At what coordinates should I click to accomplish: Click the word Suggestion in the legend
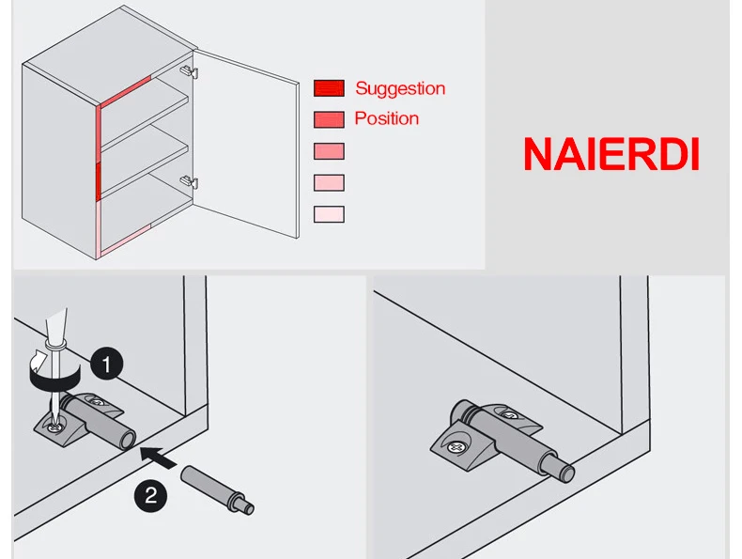click(x=399, y=88)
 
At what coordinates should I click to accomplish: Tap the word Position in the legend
click(x=386, y=118)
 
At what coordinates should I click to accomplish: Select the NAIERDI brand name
click(x=611, y=154)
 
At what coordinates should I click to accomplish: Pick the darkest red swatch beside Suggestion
click(x=329, y=89)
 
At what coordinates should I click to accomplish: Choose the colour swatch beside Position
click(x=329, y=119)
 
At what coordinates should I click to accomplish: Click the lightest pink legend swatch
click(x=329, y=214)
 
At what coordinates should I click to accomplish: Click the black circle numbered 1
click(x=109, y=363)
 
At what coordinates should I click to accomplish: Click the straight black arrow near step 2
click(x=160, y=458)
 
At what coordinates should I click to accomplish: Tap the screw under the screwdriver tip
click(x=57, y=427)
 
